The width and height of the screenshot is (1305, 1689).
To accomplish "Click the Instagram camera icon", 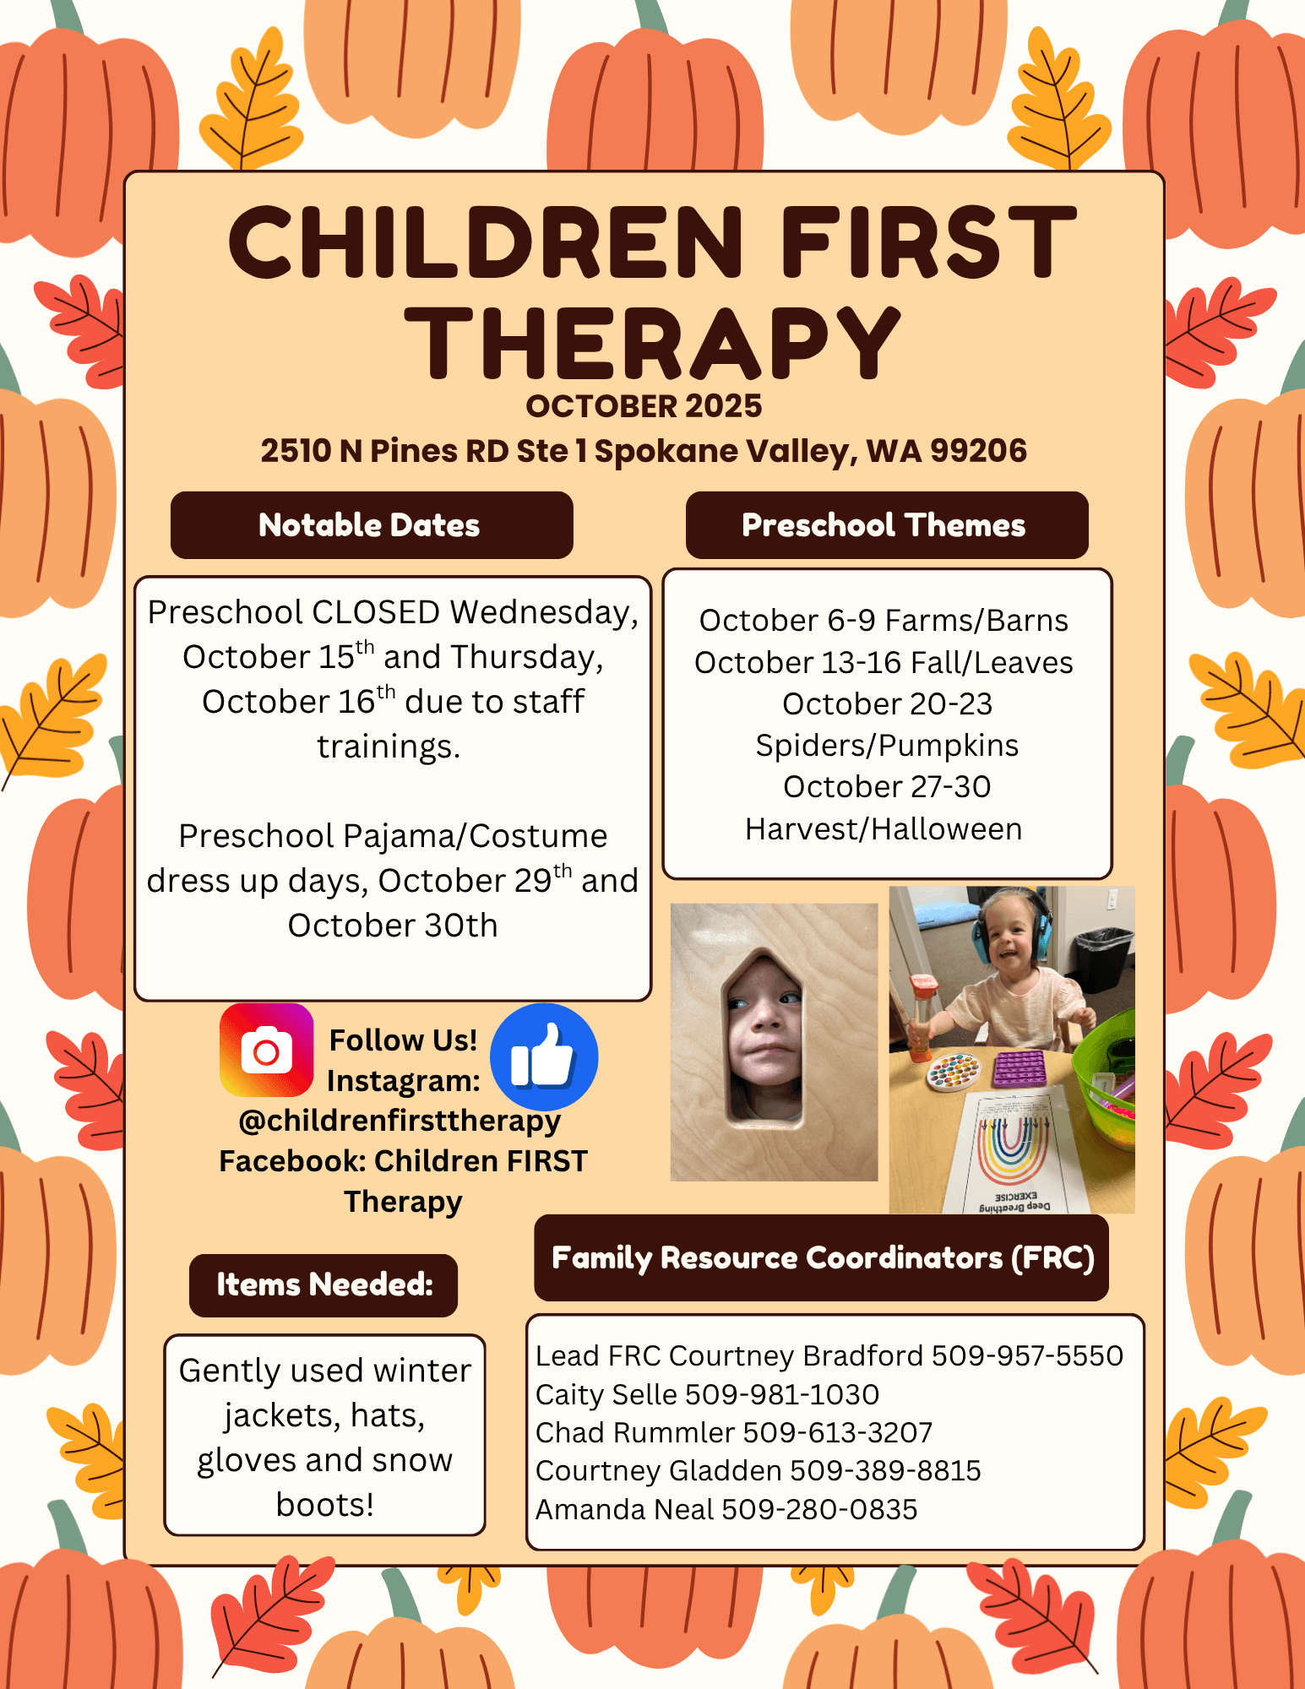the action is [x=266, y=1050].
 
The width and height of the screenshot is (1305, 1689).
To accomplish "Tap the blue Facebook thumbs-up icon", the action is [x=544, y=1056].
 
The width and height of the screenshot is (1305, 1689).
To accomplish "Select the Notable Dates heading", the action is [x=369, y=525].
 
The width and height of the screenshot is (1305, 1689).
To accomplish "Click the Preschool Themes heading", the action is [x=884, y=525].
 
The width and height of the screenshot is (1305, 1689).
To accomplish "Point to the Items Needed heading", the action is [x=324, y=1284].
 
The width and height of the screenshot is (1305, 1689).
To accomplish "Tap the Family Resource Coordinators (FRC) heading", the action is [x=823, y=1258].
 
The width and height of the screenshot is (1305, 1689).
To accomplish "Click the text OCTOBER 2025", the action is [x=644, y=406].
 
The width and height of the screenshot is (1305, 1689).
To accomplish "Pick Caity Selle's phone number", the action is [x=782, y=1394].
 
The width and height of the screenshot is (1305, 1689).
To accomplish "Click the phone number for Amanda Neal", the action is [x=819, y=1509].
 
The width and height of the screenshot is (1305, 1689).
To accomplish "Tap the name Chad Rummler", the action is [x=635, y=1432].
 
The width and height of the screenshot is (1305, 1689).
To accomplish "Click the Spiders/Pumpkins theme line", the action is [x=887, y=746].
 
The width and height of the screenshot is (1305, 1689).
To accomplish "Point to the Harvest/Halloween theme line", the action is [x=884, y=829].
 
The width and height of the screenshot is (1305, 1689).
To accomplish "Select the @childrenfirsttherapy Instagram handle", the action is [x=400, y=1121].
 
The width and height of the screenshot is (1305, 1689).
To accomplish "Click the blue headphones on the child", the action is [x=1011, y=927].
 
